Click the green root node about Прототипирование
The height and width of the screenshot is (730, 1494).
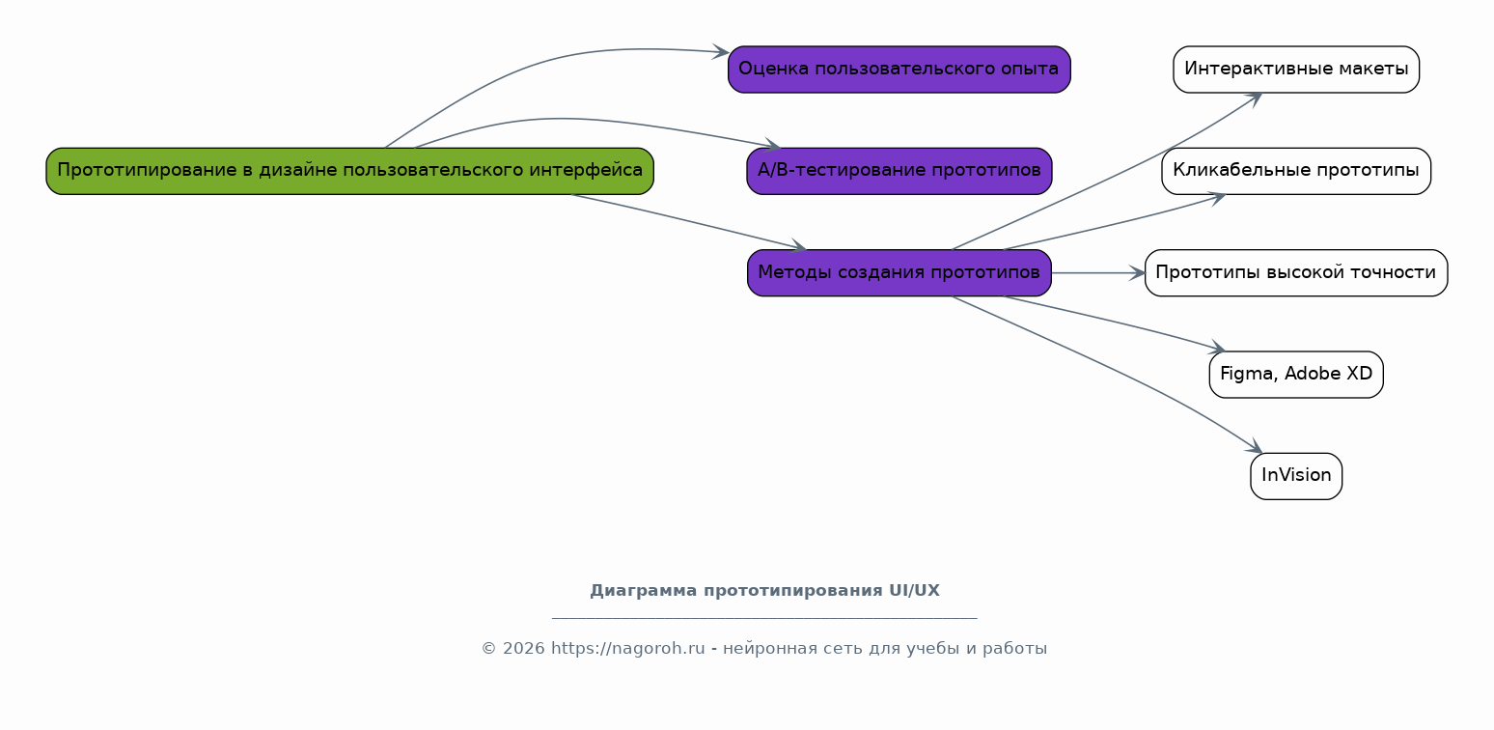[349, 171]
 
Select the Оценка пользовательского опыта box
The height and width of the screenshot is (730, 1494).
[899, 70]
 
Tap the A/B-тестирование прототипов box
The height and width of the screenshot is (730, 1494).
[899, 171]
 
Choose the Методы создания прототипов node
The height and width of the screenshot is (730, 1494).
[899, 273]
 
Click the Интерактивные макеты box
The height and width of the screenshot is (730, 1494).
[1296, 70]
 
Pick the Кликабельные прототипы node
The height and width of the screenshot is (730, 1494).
[1296, 171]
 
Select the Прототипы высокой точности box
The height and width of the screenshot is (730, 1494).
[1296, 273]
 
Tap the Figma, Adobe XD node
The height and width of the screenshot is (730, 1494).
[1296, 375]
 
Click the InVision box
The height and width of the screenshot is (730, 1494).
[1296, 476]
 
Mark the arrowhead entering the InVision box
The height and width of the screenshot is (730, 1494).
[1256, 447]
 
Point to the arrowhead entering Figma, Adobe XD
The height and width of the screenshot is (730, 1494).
[1218, 348]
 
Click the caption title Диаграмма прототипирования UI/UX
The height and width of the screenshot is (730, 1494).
[764, 591]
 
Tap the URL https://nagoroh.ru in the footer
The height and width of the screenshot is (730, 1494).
[627, 649]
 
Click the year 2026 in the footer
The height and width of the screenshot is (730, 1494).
[523, 649]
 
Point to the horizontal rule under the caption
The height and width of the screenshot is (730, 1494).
[764, 619]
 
